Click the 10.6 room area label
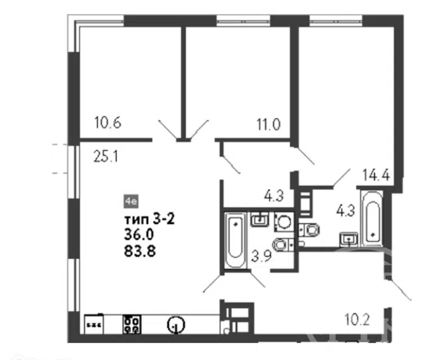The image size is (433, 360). tap(108, 123)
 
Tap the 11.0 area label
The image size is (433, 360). tap(268, 124)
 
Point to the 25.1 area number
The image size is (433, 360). tap(106, 156)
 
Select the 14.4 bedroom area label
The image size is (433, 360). tap(376, 174)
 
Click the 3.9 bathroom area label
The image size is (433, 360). tap(261, 256)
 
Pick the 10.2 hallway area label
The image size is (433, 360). tap(357, 319)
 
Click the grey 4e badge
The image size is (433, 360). tap(131, 201)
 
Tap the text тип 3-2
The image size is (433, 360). tap(150, 220)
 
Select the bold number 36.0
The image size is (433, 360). tap(139, 235)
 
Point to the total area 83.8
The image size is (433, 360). tap(140, 251)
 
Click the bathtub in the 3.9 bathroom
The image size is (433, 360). tap(235, 240)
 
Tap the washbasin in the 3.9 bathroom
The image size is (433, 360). tap(260, 219)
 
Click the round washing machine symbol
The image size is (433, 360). tap(283, 222)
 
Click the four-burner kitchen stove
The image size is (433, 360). tap(132, 325)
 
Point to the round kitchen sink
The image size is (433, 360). tap(175, 325)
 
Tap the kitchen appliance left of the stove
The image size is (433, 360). tap(94, 325)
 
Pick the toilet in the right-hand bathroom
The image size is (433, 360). tap(310, 230)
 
